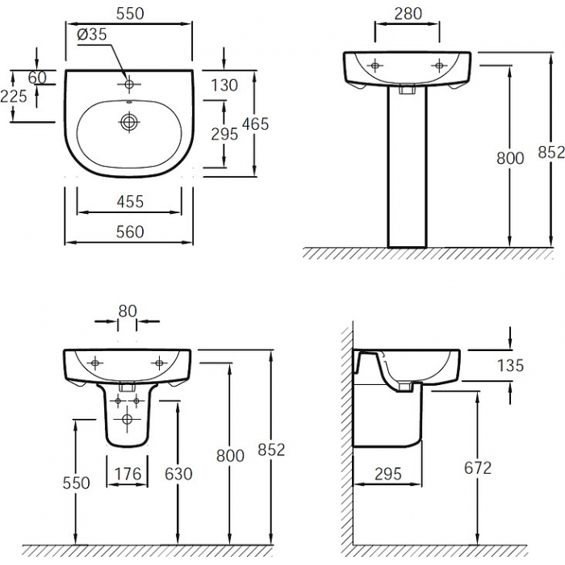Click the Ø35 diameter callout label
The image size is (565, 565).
point(92,34)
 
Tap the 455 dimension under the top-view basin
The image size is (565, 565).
point(130,202)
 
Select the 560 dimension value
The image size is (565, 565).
point(130,232)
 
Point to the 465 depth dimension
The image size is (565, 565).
point(256,124)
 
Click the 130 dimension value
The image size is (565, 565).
point(224,86)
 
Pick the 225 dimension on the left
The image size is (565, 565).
point(14,96)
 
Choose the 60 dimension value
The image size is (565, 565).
point(37,77)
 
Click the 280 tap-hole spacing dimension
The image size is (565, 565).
point(408,14)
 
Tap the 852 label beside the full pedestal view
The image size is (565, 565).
point(551,152)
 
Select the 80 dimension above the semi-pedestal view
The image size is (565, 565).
point(128,312)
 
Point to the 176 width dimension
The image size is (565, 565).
point(128,474)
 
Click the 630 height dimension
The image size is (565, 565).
point(178,474)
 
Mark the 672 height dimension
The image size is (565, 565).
point(478,468)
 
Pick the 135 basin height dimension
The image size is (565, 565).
point(510,366)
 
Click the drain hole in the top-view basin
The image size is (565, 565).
point(128,122)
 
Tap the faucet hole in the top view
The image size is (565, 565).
point(128,84)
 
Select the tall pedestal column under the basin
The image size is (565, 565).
point(407,167)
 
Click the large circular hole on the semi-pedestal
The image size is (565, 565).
point(127,419)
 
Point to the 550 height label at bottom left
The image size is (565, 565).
point(76,483)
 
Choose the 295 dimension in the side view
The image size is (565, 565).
point(388,474)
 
